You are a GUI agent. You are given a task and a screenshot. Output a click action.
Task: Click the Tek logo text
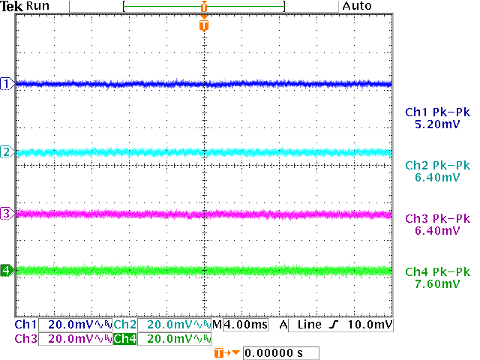(x=12, y=6)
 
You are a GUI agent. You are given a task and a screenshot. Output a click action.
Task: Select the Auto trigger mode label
(x=357, y=6)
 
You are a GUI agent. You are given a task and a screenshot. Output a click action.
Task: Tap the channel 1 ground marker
(x=7, y=83)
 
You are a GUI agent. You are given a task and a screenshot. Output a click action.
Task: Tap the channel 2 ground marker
(x=7, y=152)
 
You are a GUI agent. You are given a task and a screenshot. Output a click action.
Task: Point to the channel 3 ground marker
(x=7, y=214)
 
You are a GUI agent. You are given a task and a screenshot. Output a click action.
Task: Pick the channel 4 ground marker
(x=7, y=270)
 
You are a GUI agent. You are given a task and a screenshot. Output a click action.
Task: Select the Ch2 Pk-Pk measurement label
(x=436, y=166)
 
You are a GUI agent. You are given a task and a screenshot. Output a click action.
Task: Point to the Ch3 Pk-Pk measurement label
(x=436, y=219)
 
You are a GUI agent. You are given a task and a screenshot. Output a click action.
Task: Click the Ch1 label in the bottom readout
(x=25, y=325)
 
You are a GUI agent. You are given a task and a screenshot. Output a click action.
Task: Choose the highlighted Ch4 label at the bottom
(x=124, y=339)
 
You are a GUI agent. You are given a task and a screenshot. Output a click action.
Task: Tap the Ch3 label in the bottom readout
(x=25, y=339)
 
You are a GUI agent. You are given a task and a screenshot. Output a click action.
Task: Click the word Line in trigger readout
(x=308, y=325)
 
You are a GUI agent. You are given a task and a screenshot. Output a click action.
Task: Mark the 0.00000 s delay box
(x=281, y=352)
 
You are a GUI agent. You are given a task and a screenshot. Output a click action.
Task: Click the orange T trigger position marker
(x=204, y=25)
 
